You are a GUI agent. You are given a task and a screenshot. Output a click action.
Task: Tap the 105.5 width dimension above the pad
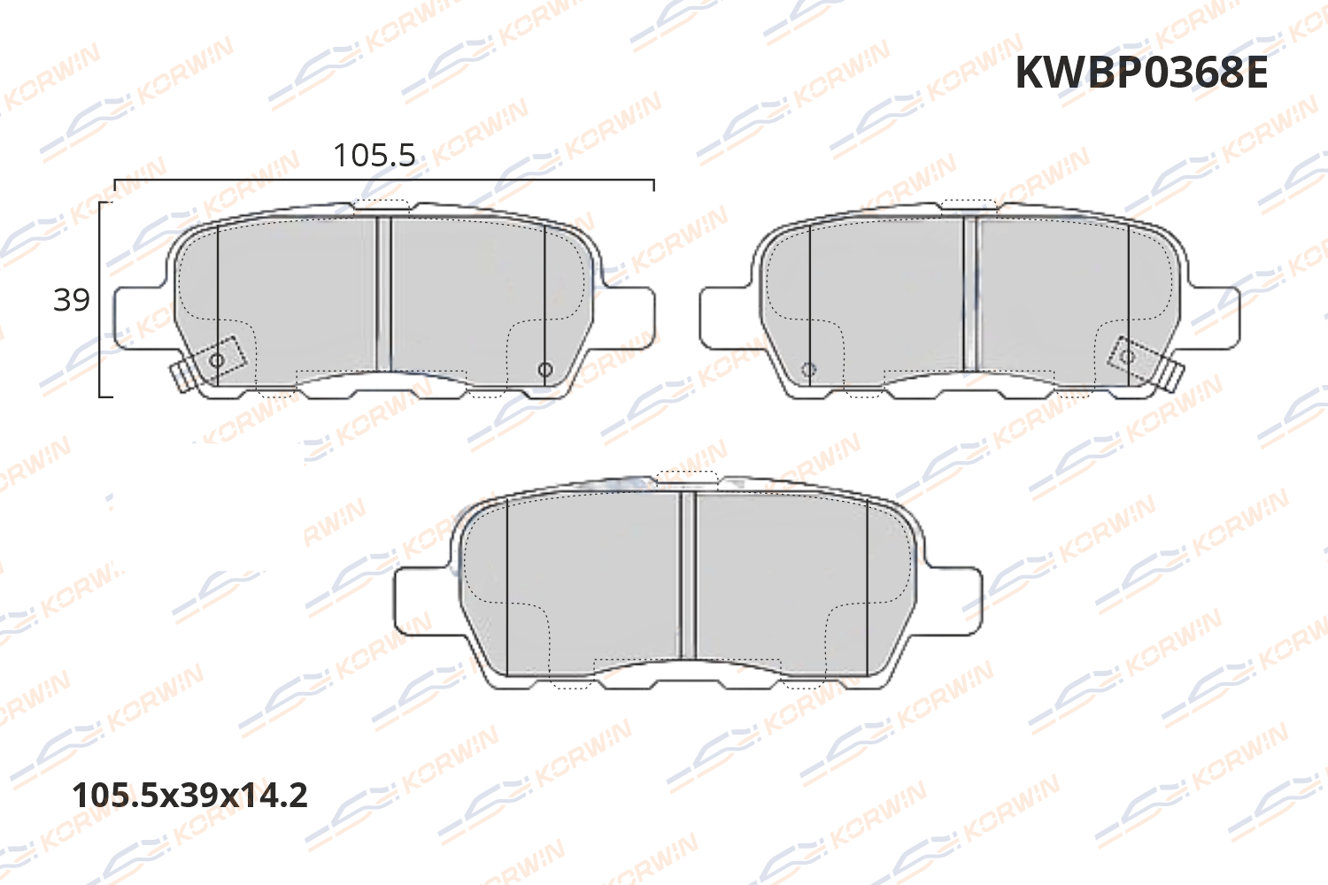tap(374, 156)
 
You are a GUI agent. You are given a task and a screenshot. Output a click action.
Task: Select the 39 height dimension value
tap(72, 300)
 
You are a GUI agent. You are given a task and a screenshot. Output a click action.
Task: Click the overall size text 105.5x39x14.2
tap(189, 795)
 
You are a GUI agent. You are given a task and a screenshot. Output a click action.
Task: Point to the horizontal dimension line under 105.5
tap(383, 180)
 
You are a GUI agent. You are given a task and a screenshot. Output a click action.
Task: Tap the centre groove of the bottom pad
tap(688, 575)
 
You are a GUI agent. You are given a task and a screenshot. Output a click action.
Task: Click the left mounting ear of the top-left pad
tap(137, 317)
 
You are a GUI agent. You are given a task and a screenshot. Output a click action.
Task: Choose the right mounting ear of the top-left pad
tap(630, 317)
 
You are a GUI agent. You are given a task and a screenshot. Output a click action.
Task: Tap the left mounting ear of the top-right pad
tap(724, 317)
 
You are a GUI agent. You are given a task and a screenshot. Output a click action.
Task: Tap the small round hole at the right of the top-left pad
tap(545, 369)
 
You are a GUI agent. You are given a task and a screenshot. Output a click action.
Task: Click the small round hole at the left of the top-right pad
tap(807, 369)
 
